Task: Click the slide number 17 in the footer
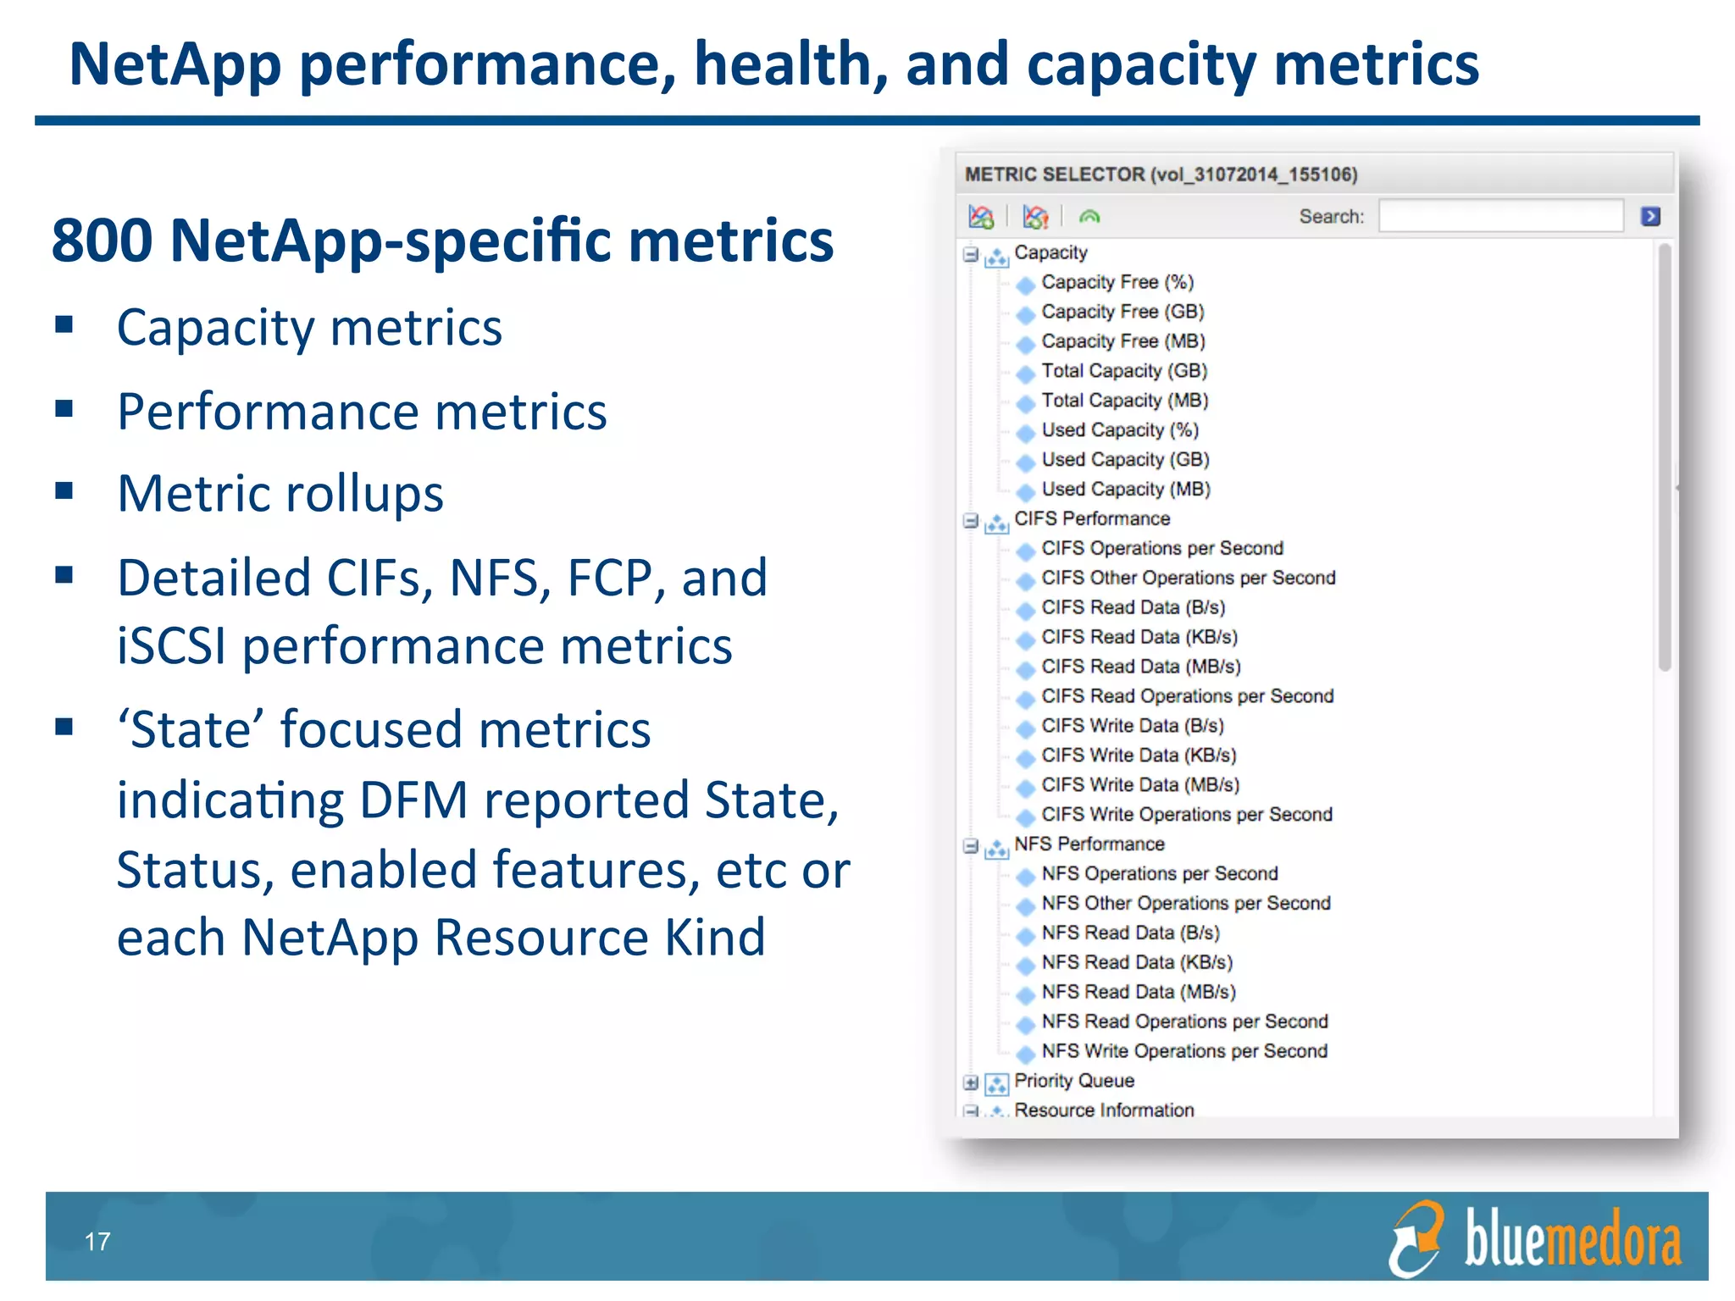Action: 97,1242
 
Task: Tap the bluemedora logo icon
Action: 1416,1239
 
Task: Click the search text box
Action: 1500,216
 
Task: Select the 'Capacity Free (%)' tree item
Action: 1117,282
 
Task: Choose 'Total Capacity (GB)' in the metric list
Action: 1123,371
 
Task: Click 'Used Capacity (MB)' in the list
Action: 1125,490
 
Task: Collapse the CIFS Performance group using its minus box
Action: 971,520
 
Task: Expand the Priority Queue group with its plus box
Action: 971,1082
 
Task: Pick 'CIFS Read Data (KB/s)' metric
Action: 1139,637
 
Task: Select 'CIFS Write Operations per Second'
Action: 1186,815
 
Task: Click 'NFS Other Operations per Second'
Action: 1185,904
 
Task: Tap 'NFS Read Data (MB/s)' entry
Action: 1138,992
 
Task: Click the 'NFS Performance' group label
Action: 1089,844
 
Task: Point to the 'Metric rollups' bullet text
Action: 280,494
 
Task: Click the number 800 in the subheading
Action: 102,241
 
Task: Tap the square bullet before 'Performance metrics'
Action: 64,409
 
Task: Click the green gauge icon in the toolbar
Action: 1089,217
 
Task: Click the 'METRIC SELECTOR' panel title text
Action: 1055,174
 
